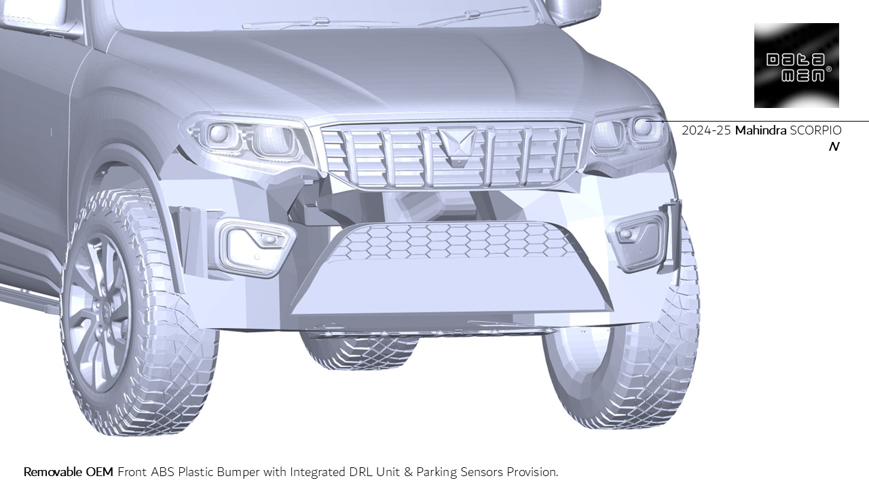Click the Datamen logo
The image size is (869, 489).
(796, 65)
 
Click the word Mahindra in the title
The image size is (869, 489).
(760, 130)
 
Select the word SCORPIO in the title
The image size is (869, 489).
(815, 130)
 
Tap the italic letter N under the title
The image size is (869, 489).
(834, 147)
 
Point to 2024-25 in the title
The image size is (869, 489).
(706, 130)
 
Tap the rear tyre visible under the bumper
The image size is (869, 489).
(360, 350)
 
